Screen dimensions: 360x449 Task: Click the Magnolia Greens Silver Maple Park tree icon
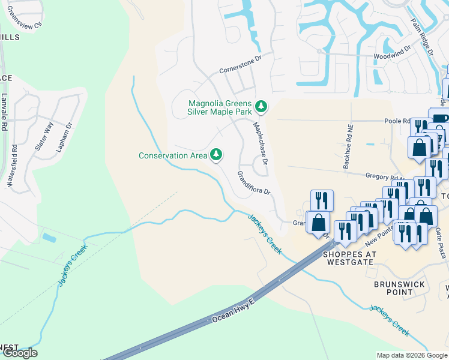click(261, 106)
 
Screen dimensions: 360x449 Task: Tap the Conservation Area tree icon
click(216, 155)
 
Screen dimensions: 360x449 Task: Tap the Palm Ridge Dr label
click(422, 37)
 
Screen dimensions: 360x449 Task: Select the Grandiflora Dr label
click(254, 183)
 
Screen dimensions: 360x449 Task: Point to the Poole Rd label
click(397, 121)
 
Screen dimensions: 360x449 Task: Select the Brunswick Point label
click(399, 288)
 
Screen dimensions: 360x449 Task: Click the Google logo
click(19, 353)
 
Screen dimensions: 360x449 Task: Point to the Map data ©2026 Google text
click(411, 355)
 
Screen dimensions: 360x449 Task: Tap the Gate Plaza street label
click(441, 243)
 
